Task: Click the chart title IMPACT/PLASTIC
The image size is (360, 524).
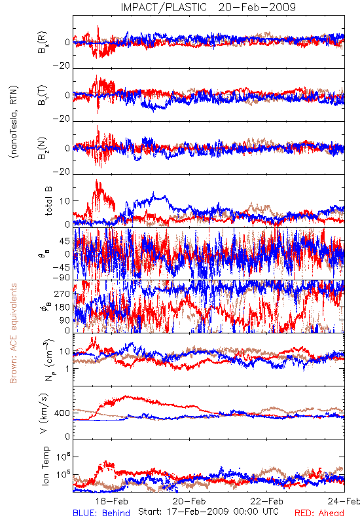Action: point(164,7)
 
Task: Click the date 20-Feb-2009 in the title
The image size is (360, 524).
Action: point(257,7)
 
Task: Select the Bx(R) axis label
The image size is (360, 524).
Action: point(43,43)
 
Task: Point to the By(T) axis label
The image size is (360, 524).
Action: point(43,95)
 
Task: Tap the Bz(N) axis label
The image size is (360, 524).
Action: point(43,148)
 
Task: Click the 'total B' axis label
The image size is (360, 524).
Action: point(48,201)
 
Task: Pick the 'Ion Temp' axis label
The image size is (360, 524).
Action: point(45,466)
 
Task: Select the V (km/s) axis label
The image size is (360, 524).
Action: point(44,413)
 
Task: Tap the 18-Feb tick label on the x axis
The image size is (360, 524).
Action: point(111,501)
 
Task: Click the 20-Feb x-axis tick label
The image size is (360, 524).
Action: point(189,501)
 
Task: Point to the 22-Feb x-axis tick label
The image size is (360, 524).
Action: point(267,501)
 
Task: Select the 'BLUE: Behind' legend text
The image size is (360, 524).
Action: point(101,513)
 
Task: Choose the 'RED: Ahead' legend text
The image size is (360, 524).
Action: point(319,513)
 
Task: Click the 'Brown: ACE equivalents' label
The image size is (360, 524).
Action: point(13,333)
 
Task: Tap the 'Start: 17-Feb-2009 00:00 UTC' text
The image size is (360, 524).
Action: point(208,512)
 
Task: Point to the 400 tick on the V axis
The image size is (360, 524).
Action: point(62,413)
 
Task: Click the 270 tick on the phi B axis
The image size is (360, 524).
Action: point(62,293)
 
